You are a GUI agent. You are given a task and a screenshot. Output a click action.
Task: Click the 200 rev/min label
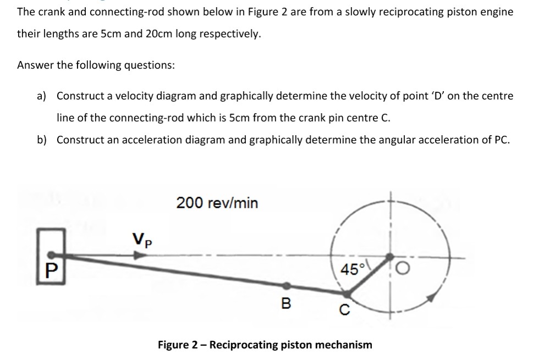[217, 203]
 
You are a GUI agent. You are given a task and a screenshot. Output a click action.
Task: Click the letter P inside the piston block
[52, 271]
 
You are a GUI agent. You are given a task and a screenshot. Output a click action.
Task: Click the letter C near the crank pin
[344, 309]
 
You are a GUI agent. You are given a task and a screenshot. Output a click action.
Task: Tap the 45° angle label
[350, 269]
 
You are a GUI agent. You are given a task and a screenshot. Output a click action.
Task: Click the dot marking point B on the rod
[287, 286]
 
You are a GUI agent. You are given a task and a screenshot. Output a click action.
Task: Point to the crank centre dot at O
[389, 257]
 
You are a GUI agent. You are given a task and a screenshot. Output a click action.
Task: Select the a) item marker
[42, 96]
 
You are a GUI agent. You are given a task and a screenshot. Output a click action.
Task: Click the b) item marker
[42, 140]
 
